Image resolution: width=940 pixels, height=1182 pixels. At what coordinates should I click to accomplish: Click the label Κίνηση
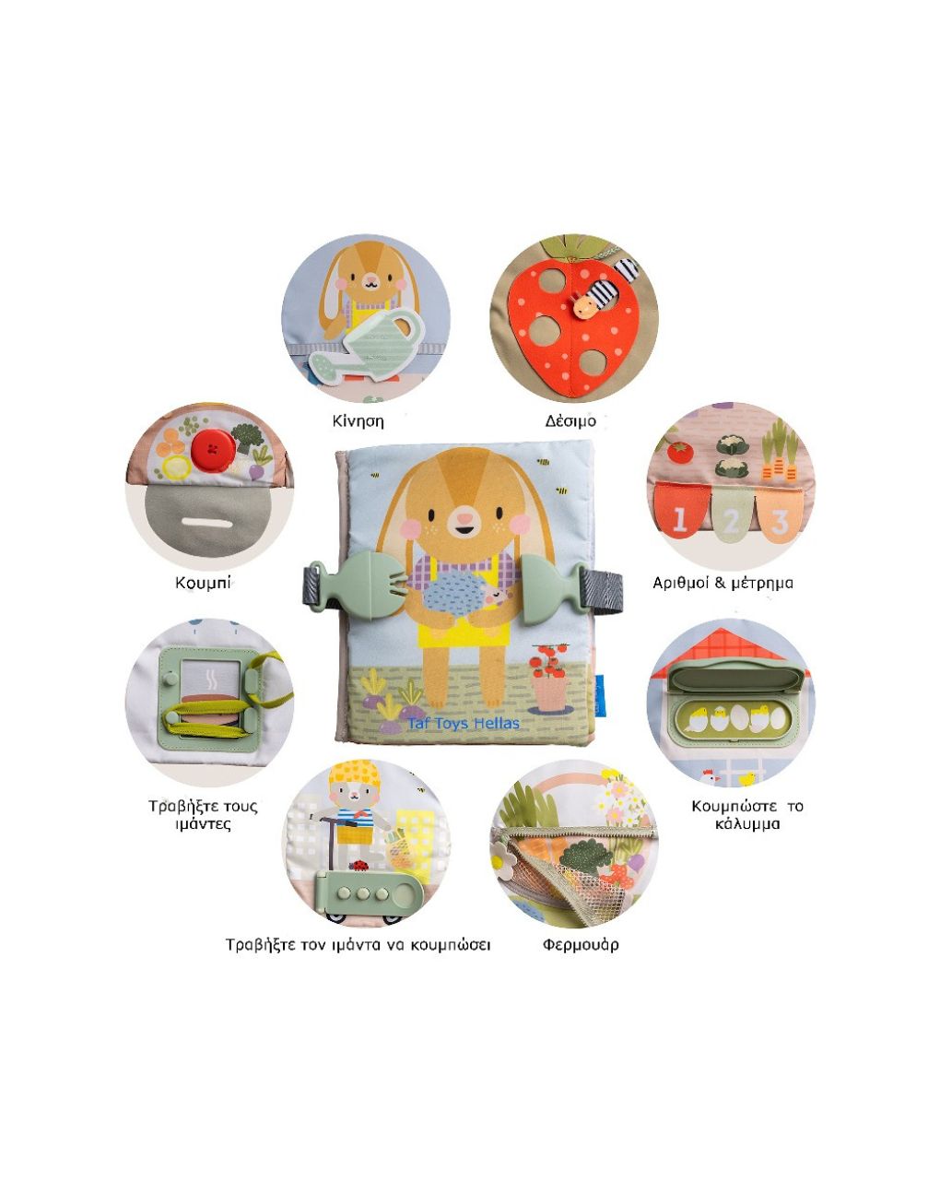coord(358,421)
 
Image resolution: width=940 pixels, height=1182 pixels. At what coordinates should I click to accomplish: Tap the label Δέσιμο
coord(570,421)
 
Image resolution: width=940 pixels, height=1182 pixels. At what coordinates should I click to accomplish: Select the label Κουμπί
coord(203,583)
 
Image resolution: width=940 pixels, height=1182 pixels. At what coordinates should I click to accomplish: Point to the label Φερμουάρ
coord(581,945)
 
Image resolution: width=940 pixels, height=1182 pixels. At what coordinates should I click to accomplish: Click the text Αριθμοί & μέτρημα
coord(723,583)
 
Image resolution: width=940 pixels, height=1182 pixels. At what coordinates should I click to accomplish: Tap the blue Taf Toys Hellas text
coord(464,724)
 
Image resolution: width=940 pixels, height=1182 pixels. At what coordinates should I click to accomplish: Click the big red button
coord(213,450)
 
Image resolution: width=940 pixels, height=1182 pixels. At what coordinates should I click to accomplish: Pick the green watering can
coord(366,346)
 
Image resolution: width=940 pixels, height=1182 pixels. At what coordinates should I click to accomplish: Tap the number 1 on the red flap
coord(680,519)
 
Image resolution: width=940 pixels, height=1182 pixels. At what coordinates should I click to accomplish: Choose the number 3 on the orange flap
coord(779,523)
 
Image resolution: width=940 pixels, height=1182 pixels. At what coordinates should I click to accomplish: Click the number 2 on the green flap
coord(730,521)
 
